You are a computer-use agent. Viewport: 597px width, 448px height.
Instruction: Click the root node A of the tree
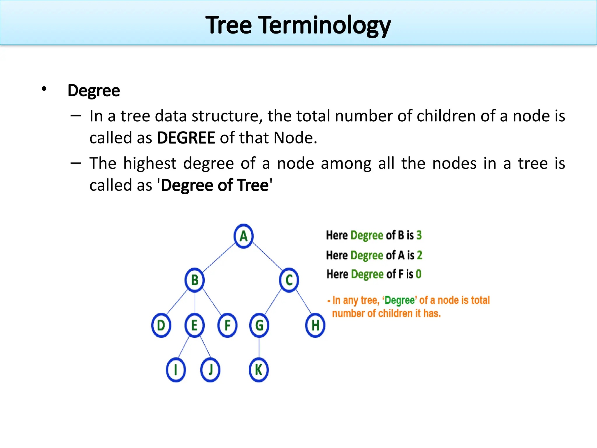[243, 236]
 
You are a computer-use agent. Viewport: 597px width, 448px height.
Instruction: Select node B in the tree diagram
[194, 280]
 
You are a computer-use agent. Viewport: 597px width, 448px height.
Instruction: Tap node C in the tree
[289, 280]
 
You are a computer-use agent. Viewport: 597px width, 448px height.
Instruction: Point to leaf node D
[161, 325]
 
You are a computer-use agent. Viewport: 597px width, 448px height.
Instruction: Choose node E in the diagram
[194, 325]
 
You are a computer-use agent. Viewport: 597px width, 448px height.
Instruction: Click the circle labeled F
[227, 325]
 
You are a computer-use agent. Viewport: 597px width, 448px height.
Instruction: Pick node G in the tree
[259, 325]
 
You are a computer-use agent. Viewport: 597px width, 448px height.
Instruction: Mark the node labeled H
[315, 325]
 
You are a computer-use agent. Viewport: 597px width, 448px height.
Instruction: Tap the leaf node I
[176, 370]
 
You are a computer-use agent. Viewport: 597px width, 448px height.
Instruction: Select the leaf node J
[210, 370]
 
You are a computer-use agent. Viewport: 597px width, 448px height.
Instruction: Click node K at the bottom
[259, 370]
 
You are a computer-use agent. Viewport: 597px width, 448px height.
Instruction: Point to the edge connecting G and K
[259, 348]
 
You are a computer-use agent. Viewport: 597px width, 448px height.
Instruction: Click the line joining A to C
[267, 256]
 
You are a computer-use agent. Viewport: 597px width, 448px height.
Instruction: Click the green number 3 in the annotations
[419, 235]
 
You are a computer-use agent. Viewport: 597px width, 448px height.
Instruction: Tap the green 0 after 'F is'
[418, 274]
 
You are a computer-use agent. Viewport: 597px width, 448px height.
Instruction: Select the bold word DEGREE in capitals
[186, 138]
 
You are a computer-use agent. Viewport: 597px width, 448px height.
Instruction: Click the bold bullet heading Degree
[94, 90]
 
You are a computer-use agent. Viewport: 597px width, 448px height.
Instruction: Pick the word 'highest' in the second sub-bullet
[150, 163]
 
